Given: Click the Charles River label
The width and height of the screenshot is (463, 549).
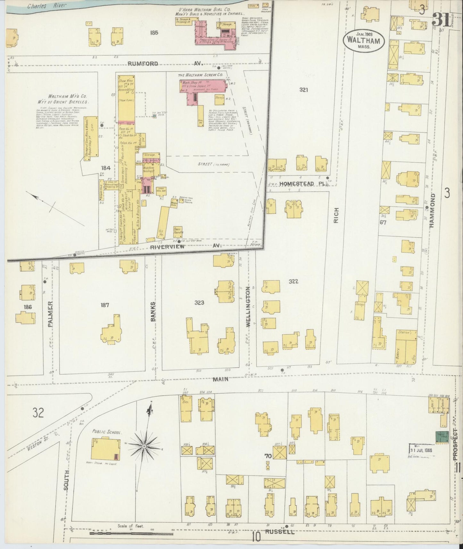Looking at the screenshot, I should (x=46, y=5).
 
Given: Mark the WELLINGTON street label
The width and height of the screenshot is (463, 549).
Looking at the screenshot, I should (x=247, y=307).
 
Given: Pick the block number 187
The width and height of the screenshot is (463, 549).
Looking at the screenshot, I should (x=105, y=305).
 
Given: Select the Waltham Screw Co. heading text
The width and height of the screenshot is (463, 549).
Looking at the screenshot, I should (x=201, y=75).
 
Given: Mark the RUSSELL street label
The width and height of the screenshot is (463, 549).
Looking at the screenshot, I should (x=280, y=532).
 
